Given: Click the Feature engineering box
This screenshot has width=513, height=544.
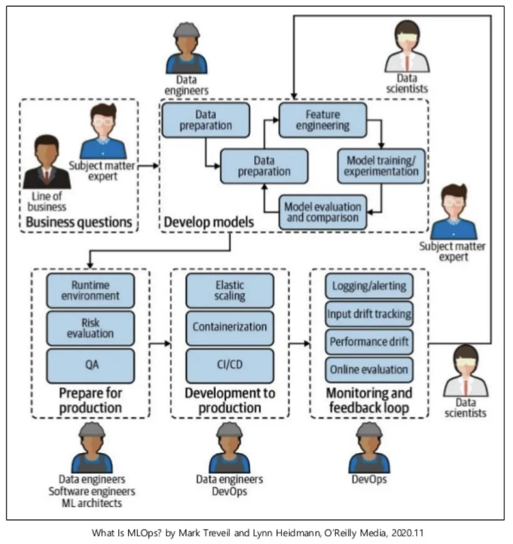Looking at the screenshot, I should (x=323, y=120).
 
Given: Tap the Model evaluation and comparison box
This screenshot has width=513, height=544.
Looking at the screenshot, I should (x=323, y=212).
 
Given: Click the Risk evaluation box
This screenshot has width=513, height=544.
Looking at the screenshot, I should (x=91, y=328).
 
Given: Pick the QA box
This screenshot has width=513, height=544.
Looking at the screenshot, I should (x=91, y=366).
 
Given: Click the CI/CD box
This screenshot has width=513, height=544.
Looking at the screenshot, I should (x=230, y=366).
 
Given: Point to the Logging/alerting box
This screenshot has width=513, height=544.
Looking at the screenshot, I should (x=369, y=286).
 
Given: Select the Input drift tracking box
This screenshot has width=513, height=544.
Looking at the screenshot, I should (x=369, y=314).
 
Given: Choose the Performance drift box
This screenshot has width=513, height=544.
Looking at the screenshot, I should (x=369, y=341).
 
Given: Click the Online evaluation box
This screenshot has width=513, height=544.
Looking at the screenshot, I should (x=369, y=369).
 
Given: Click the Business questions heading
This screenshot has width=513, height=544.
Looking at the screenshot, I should (x=78, y=222).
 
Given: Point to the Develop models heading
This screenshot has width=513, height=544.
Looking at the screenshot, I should (x=201, y=222).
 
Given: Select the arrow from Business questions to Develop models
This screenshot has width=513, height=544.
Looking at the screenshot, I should (x=149, y=166).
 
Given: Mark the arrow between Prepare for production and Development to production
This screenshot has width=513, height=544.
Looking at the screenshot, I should (x=161, y=344).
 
